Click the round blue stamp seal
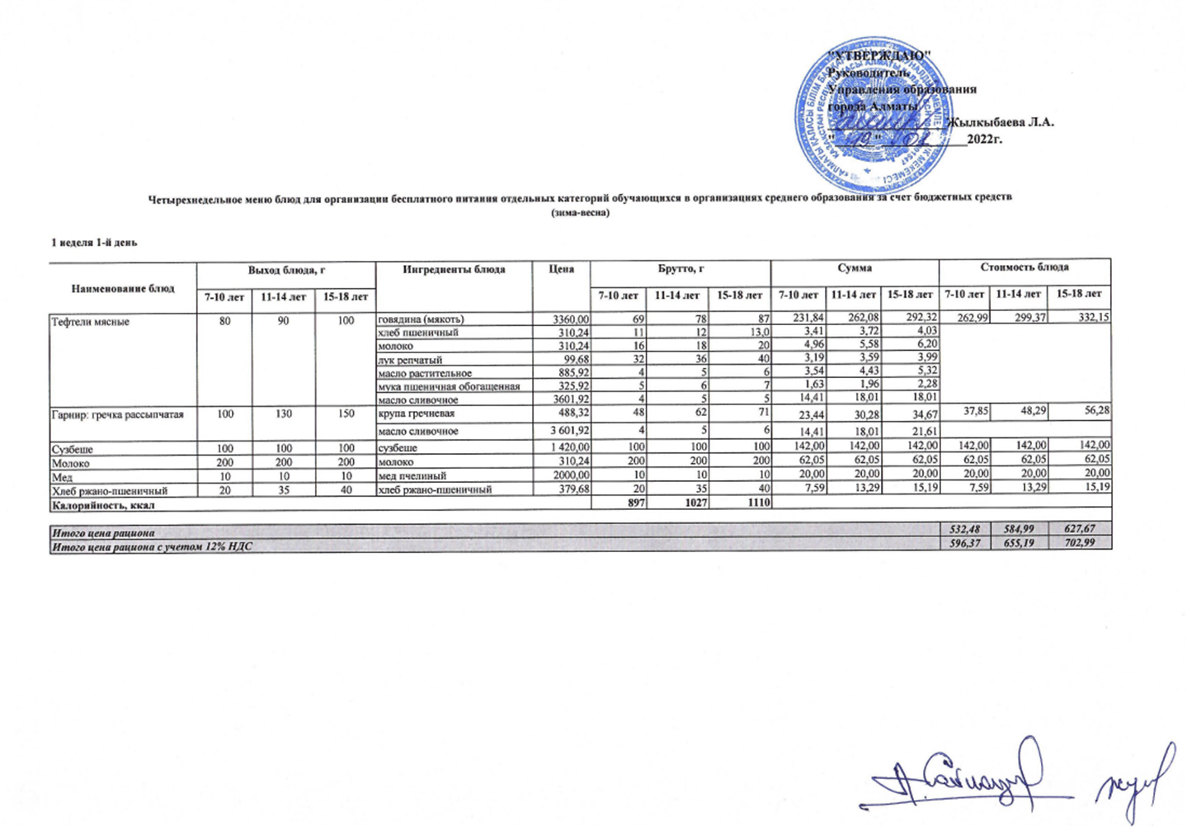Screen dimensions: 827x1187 (x=871, y=116)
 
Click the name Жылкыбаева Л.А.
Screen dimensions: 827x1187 (x=1001, y=122)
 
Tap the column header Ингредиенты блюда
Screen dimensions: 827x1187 (x=454, y=269)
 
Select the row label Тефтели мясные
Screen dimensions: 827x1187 (x=90, y=322)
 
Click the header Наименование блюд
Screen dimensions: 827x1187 (x=123, y=288)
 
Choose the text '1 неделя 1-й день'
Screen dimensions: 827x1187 (x=94, y=243)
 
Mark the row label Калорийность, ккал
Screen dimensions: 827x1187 (x=103, y=504)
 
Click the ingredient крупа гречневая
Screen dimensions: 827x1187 (x=417, y=413)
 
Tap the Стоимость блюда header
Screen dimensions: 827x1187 (x=1024, y=267)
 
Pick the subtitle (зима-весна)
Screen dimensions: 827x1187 (x=580, y=213)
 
